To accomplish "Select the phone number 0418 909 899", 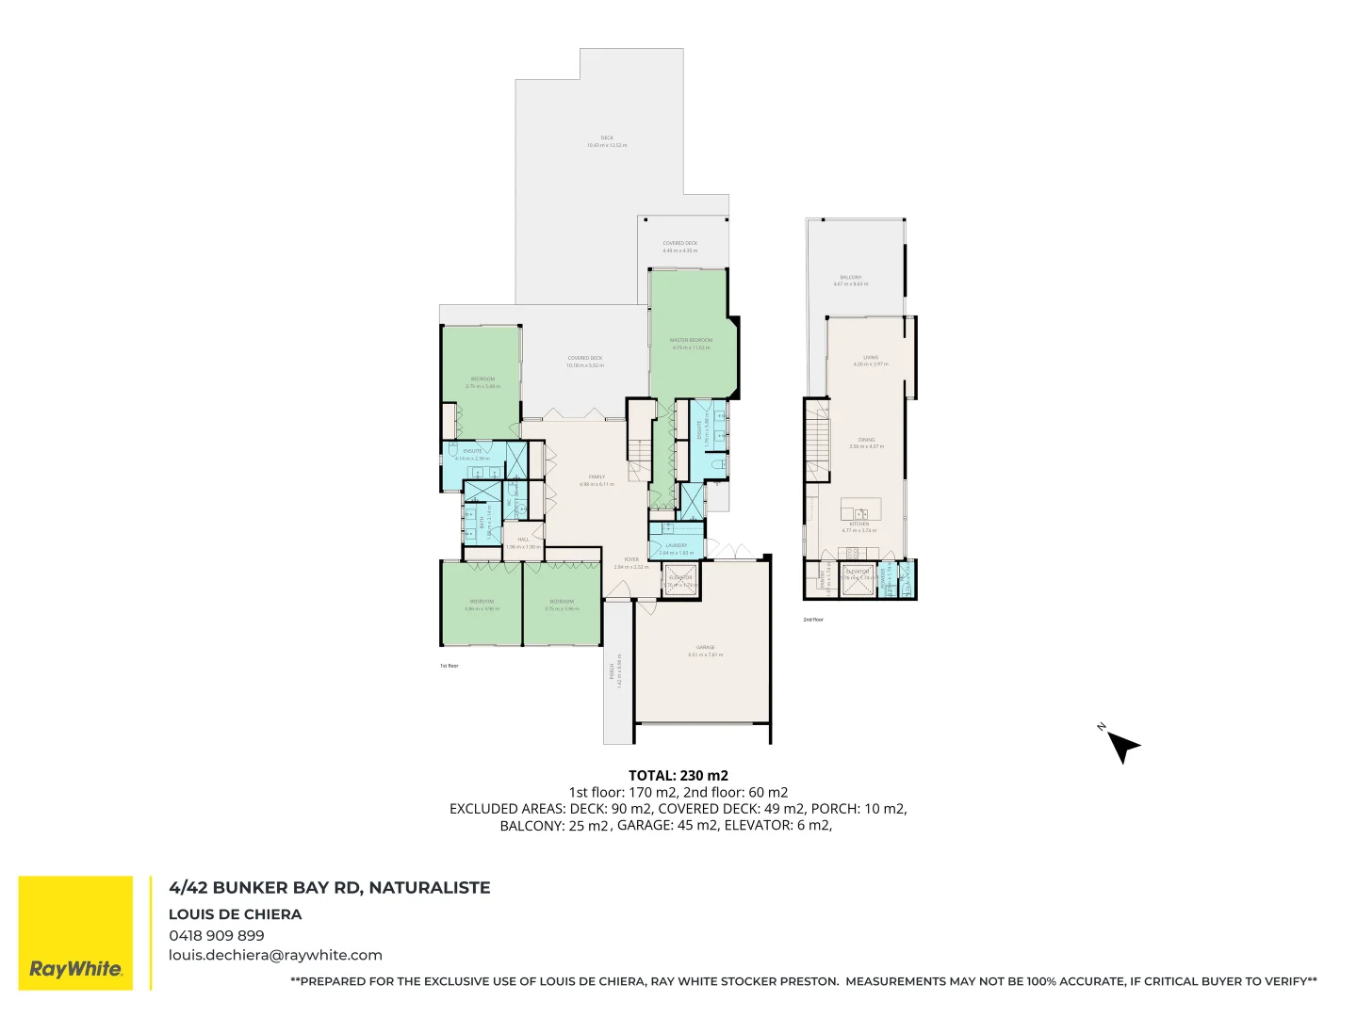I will point(217,935).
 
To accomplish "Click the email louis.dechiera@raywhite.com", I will point(275,955).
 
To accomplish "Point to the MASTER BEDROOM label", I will point(691,340).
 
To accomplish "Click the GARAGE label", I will point(705,648).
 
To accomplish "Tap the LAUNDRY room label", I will point(676,545).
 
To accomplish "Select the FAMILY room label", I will point(597,476).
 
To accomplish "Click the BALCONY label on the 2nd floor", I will point(851,278).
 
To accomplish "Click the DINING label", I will point(867,440).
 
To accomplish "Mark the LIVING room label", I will point(871,358).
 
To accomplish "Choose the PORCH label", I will point(613,670).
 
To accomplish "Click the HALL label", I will point(523,540).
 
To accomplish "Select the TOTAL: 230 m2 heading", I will point(678,776).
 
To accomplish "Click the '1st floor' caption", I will point(449,666).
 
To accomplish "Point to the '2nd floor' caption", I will point(813,620).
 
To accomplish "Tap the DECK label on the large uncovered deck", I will point(607,137).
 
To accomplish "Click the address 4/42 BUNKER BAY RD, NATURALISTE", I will point(330,887).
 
